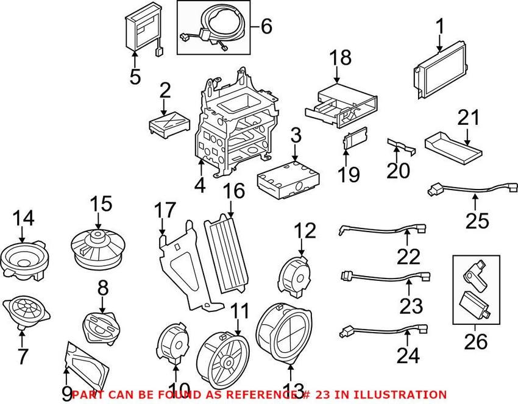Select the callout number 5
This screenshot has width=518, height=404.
135,77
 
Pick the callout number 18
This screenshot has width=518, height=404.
341,58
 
